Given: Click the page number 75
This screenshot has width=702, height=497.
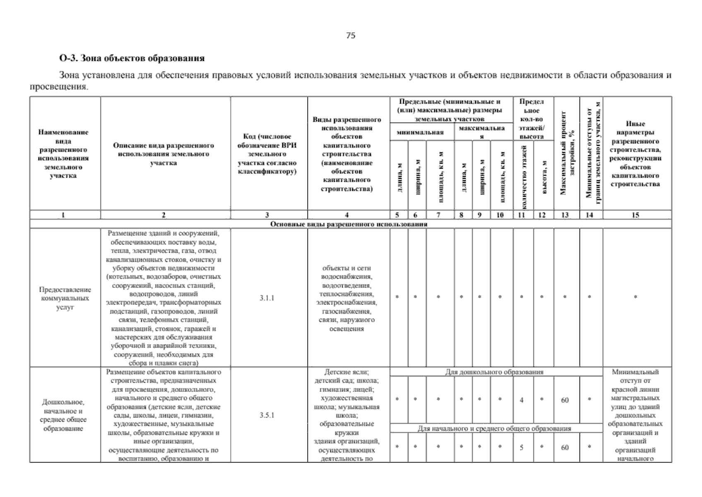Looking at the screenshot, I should [350, 36].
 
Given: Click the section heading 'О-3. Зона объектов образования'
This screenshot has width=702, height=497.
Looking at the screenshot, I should [132, 58].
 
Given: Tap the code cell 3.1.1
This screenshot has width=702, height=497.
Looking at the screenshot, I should [267, 298].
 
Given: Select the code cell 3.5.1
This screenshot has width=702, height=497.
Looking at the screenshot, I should [267, 415].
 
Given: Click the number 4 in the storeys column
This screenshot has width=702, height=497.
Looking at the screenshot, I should [522, 400].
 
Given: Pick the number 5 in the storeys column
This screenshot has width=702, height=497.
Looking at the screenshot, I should [522, 447].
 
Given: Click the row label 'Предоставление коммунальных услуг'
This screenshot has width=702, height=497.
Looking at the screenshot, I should [65, 298].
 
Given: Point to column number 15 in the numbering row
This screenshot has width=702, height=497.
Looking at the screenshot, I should [635, 215].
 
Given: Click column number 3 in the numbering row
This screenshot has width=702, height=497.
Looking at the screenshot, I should [267, 215].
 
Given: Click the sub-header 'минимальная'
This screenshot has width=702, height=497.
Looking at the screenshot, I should [420, 132].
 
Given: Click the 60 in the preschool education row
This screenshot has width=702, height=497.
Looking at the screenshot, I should [565, 400].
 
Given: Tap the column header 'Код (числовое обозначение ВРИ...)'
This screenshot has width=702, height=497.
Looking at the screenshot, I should [267, 154].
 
